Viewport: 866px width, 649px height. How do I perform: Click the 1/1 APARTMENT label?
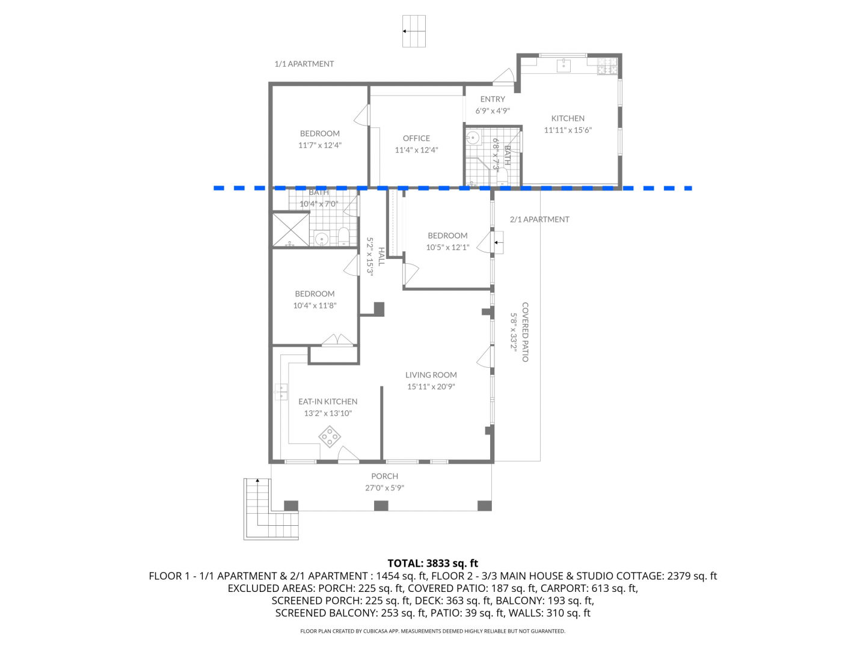pos(304,64)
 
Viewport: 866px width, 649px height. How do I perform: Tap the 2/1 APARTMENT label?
pos(539,219)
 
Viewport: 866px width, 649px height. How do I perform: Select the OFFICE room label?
pos(416,138)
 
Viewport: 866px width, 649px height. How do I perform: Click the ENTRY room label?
pos(493,99)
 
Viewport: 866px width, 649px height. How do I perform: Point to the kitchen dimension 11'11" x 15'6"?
pos(568,130)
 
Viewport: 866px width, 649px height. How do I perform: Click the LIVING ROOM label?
pos(431,375)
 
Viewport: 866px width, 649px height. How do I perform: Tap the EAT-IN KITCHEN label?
pos(328,401)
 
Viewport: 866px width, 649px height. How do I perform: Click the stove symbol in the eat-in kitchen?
pos(330,436)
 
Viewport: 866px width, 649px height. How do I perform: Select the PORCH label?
pos(384,476)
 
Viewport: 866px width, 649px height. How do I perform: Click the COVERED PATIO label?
pos(525,332)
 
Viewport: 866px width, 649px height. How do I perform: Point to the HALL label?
pos(381,256)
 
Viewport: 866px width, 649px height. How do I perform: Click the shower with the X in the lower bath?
pos(290,230)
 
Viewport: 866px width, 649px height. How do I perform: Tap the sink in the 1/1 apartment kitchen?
pos(564,66)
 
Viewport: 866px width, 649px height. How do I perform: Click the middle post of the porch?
pos(381,505)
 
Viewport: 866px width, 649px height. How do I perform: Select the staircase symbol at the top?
pos(414,31)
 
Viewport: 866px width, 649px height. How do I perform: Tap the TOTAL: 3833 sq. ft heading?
pos(432,563)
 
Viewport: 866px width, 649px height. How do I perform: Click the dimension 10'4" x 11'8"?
pos(315,305)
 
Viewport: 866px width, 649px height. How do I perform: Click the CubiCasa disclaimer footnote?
pos(433,631)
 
